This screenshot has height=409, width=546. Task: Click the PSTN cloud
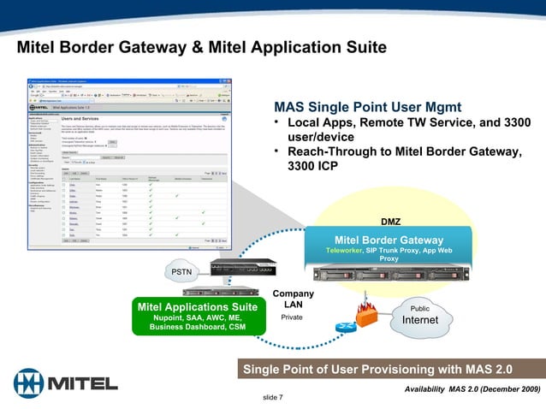click(182, 271)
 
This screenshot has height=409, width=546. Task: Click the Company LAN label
click(293, 299)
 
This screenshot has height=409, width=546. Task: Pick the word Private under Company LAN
click(292, 317)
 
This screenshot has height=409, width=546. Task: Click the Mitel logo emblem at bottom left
click(29, 382)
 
